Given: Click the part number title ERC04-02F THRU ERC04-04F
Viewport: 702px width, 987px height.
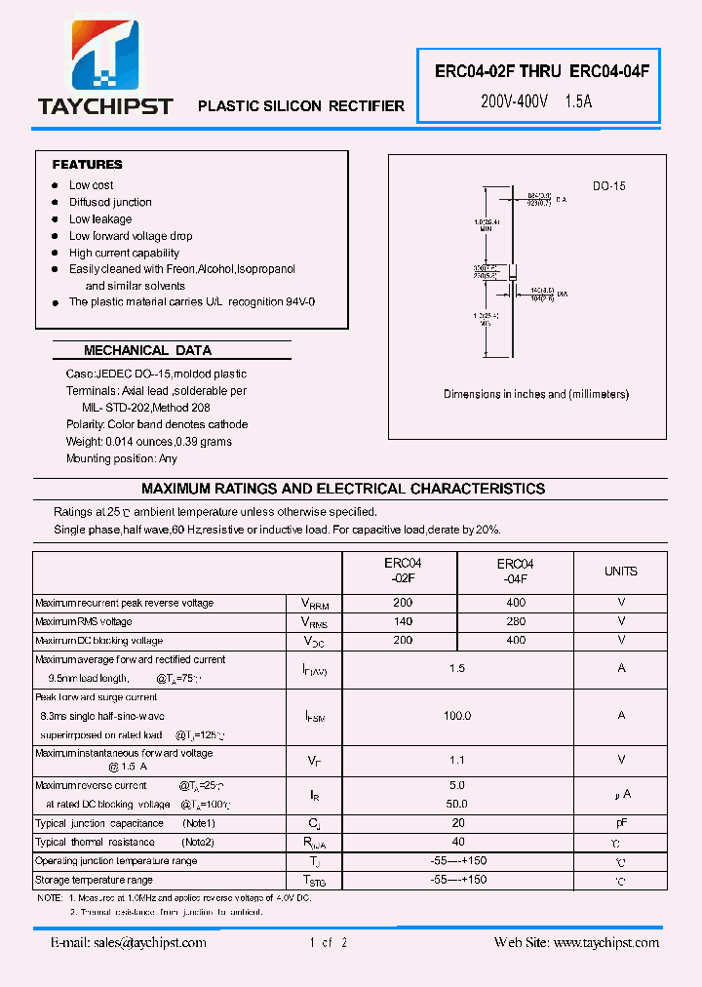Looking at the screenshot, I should [x=541, y=71].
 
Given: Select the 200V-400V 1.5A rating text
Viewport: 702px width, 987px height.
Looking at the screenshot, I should [x=536, y=100].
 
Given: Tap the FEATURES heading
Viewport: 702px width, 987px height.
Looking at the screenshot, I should [x=87, y=165].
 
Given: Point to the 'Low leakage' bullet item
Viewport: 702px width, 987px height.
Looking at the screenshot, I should [x=99, y=219].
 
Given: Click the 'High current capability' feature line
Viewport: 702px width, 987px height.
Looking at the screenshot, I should [x=124, y=253].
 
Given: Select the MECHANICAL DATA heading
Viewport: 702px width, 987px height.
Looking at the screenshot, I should [x=147, y=350].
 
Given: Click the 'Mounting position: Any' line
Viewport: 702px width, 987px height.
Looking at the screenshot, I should [x=122, y=458].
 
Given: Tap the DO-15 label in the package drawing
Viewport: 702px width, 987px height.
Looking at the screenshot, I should [x=608, y=185].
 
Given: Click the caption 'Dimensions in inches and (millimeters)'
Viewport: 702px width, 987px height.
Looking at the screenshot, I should [x=536, y=394].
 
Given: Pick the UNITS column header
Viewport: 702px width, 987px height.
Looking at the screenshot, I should [x=620, y=572].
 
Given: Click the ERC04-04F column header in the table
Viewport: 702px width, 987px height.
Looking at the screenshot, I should [x=516, y=572].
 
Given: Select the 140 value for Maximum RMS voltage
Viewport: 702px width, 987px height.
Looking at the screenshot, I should [x=402, y=621].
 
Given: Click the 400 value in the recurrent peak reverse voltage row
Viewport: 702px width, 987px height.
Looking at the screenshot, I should [x=516, y=603].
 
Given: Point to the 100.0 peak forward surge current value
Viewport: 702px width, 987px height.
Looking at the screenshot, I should [x=457, y=716].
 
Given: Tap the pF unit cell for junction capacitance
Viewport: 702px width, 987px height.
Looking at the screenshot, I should [x=620, y=823].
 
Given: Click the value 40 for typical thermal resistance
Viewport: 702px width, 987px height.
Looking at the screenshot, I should [x=457, y=842].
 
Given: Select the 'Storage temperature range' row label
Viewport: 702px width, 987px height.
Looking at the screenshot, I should [x=94, y=880].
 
